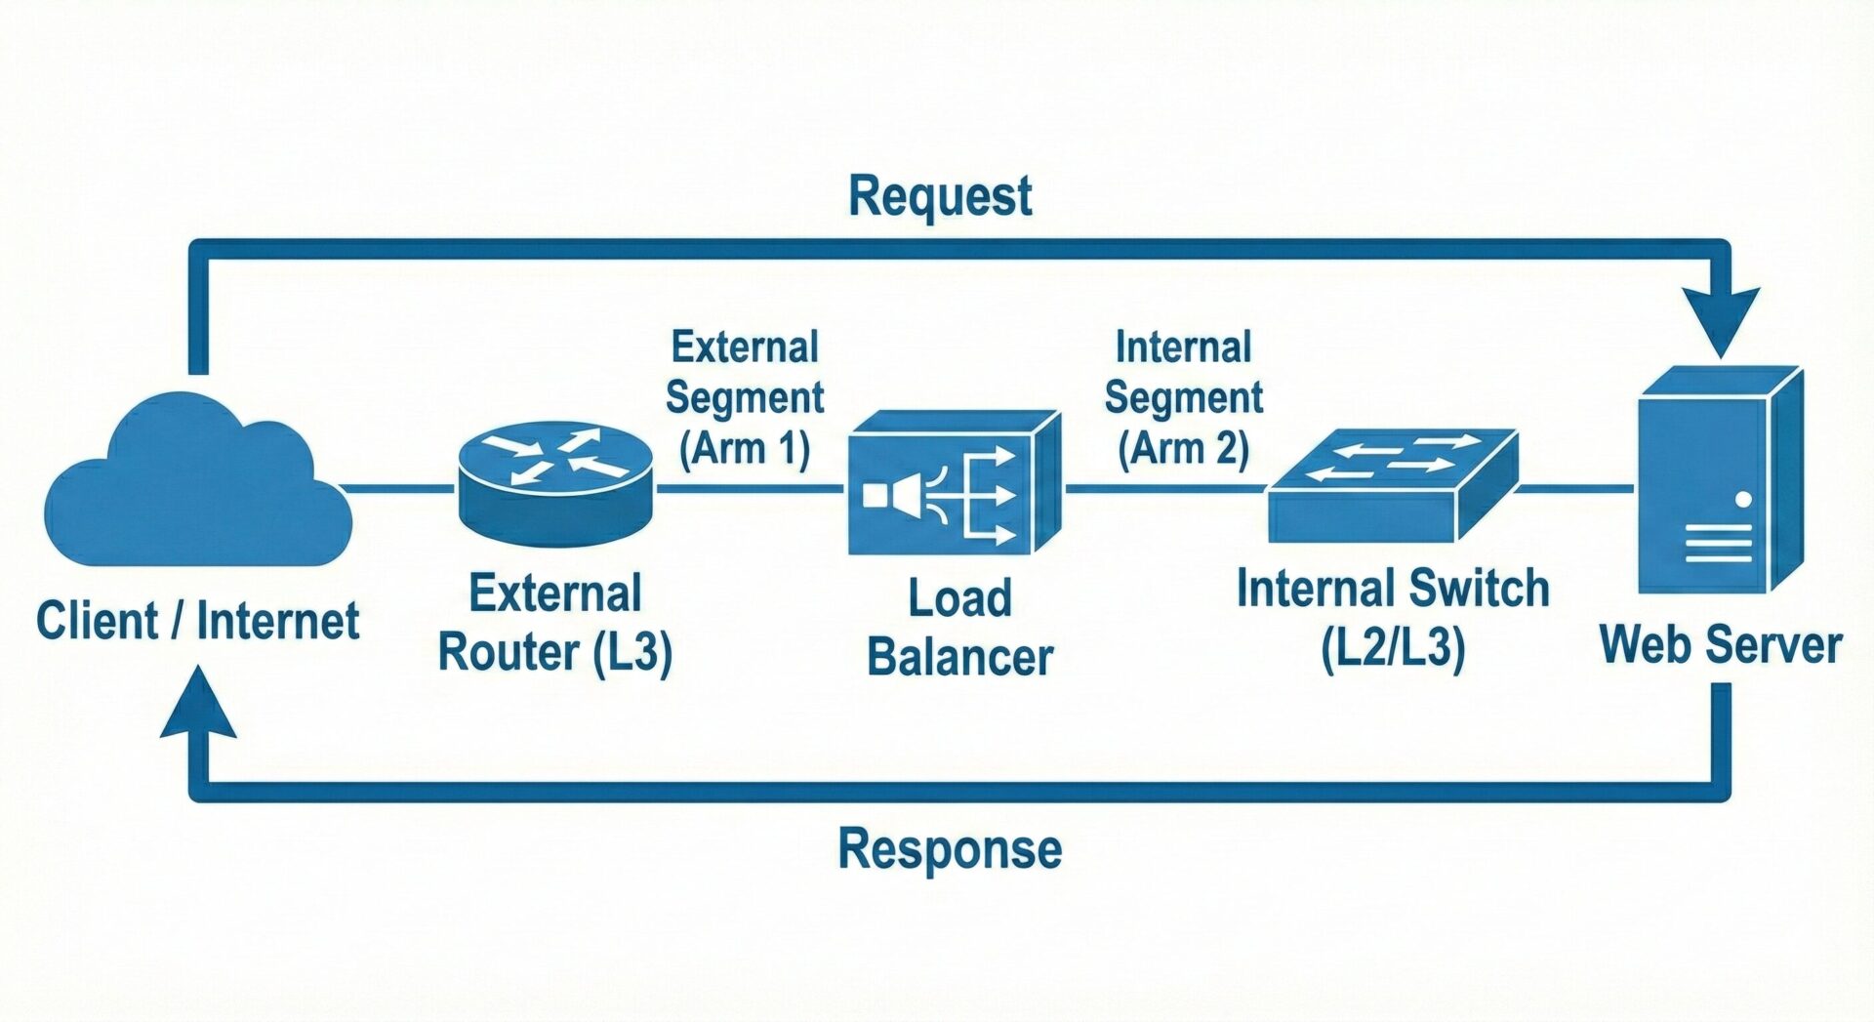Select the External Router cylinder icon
(555, 483)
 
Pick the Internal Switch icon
(1391, 485)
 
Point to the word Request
(940, 196)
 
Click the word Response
(950, 848)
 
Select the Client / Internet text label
(198, 621)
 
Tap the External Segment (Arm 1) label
(745, 398)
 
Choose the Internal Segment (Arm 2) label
(1183, 398)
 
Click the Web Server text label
(1720, 645)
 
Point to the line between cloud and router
(398, 488)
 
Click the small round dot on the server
(1744, 500)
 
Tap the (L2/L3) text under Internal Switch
(1393, 647)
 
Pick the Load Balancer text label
(960, 627)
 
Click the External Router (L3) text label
(555, 623)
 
